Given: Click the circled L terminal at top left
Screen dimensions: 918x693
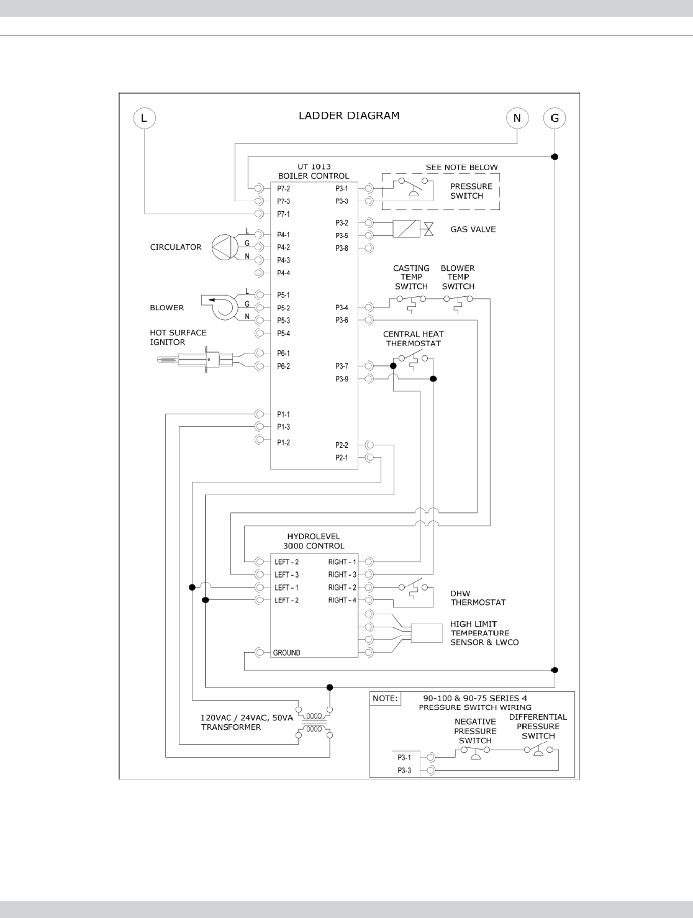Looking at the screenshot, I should pyautogui.click(x=144, y=118).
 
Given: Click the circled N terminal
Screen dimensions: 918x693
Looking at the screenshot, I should pyautogui.click(x=517, y=118).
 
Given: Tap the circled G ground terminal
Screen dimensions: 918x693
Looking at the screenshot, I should pyautogui.click(x=555, y=118).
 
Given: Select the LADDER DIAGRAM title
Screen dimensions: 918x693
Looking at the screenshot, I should pyautogui.click(x=349, y=116).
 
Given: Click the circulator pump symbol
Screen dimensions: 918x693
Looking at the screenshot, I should pyautogui.click(x=222, y=247).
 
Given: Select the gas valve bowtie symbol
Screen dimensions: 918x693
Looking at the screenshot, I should pyautogui.click(x=428, y=229).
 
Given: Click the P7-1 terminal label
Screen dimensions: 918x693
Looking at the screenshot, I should pyautogui.click(x=283, y=214).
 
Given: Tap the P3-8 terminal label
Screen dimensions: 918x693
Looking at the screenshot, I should pyautogui.click(x=342, y=248).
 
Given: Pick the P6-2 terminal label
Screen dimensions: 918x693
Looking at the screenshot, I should pyautogui.click(x=283, y=366).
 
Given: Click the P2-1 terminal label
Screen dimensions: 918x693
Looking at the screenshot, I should pyautogui.click(x=342, y=458).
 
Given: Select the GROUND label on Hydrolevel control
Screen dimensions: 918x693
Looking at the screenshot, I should pyautogui.click(x=286, y=653).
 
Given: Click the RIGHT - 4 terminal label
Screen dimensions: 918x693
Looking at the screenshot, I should pyautogui.click(x=342, y=600).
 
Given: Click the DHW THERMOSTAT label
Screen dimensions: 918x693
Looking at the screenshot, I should pyautogui.click(x=478, y=598).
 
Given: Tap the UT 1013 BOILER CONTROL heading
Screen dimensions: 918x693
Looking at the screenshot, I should pyautogui.click(x=314, y=171).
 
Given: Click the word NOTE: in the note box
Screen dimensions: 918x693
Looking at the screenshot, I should pyautogui.click(x=385, y=698).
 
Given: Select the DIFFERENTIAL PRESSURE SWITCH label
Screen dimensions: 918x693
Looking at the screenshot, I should pyautogui.click(x=538, y=726).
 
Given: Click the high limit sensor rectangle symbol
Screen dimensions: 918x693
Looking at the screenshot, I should pyautogui.click(x=426, y=633).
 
